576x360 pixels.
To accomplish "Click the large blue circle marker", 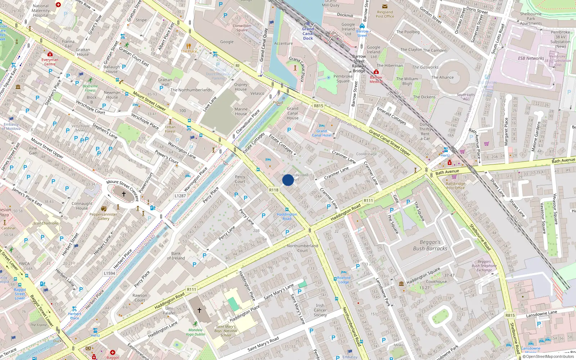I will point(288,180).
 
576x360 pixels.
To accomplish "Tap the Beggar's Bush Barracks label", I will point(430,245).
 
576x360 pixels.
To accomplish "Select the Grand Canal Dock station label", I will point(308,33).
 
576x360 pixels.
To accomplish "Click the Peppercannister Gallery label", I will point(103,216).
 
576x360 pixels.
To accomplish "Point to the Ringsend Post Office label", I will point(385,14).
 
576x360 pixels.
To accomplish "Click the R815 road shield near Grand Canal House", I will point(318,106).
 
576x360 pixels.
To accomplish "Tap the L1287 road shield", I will point(180,196).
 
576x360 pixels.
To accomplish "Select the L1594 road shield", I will point(109,273).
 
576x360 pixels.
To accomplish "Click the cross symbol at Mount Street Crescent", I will point(123,194).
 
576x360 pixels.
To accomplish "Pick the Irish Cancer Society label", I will point(320,310).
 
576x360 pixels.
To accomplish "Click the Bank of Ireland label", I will point(176,256).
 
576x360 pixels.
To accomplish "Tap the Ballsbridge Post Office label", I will point(455,186).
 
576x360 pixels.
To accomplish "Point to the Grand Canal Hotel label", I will point(321,133).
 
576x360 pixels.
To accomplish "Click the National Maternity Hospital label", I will point(41,10).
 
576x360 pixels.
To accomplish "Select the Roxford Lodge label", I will point(344,280).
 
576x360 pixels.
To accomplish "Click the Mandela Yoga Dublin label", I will point(195,332).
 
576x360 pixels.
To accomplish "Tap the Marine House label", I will point(241,111).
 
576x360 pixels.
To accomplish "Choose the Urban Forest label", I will point(170,129).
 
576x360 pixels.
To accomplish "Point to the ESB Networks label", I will point(531,58).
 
